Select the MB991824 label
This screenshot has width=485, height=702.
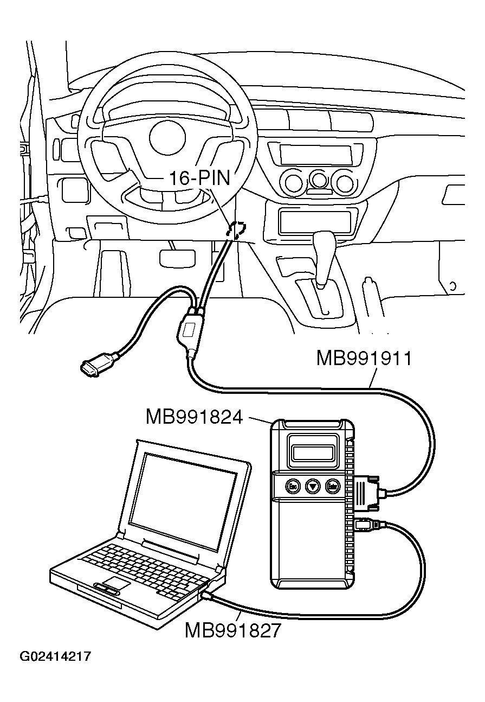(193, 417)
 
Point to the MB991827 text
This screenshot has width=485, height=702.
(234, 630)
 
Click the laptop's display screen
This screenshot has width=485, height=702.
(184, 499)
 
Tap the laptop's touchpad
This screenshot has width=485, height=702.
(116, 584)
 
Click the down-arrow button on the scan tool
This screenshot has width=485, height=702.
(313, 486)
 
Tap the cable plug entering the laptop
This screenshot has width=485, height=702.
(209, 596)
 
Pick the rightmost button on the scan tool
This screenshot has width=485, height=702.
(332, 486)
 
